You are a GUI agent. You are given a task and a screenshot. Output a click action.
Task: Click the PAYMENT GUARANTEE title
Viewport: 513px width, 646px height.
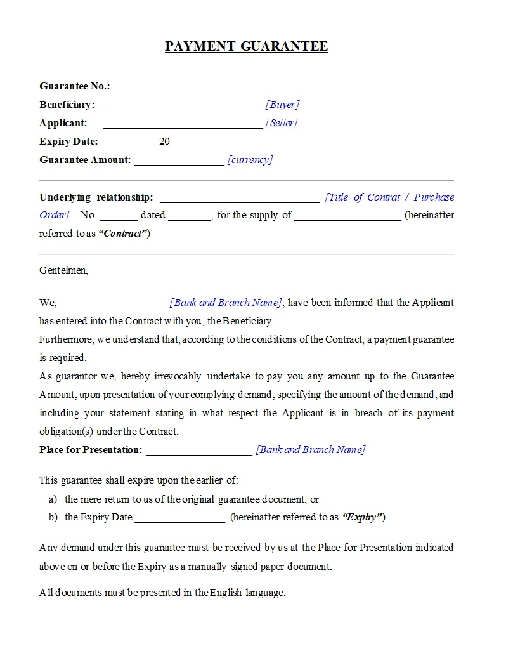click(247, 46)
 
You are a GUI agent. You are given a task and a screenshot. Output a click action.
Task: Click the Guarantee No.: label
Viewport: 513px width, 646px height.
click(74, 86)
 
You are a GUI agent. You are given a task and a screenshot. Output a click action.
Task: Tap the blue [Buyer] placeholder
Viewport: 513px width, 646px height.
click(282, 105)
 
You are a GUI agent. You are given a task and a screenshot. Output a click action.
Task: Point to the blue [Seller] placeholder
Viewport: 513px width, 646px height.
click(282, 123)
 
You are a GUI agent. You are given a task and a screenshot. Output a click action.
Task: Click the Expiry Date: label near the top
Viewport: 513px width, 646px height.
click(68, 142)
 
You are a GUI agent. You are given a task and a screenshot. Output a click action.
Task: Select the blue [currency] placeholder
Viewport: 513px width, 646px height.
click(250, 160)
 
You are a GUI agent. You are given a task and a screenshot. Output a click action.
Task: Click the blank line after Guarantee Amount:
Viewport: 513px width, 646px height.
click(178, 162)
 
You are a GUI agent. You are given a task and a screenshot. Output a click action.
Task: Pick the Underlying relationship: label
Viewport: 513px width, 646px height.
click(96, 197)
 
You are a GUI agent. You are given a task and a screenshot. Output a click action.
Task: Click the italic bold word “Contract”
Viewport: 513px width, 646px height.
click(124, 234)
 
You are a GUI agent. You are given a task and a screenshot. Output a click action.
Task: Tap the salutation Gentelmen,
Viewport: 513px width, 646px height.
click(63, 270)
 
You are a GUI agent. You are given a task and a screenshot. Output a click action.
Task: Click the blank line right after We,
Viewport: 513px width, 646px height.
click(113, 305)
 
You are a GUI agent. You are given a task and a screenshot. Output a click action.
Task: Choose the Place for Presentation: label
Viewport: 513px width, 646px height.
click(91, 450)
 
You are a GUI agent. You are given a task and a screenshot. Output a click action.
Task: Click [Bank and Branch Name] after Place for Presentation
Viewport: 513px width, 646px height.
click(310, 450)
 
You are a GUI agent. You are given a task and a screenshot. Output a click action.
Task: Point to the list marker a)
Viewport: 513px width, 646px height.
click(53, 499)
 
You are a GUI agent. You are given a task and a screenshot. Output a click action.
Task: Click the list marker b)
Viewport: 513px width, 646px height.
click(53, 517)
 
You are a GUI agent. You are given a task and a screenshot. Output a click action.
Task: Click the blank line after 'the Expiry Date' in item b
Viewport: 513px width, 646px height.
click(179, 520)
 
